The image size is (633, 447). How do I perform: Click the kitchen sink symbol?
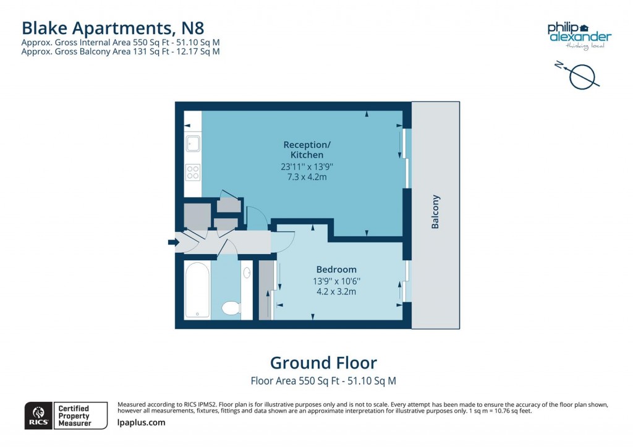point(192,143)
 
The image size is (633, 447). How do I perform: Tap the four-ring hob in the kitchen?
point(193,172)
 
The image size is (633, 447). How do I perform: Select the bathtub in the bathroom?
point(197,289)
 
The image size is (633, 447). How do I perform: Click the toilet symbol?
point(231,307)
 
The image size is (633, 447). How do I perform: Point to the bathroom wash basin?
point(247,272)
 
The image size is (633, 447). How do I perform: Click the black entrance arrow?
point(172,242)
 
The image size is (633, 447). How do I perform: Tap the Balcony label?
point(435,212)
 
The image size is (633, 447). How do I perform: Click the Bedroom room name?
point(336,270)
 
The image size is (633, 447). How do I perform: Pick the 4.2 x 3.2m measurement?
point(336,291)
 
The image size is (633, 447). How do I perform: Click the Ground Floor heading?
point(323,362)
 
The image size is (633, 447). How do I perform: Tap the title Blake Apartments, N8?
point(113,28)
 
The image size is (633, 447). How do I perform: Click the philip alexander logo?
point(579,32)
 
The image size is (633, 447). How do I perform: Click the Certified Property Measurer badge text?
point(74,415)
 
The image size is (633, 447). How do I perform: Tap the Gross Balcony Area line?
point(121,52)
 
